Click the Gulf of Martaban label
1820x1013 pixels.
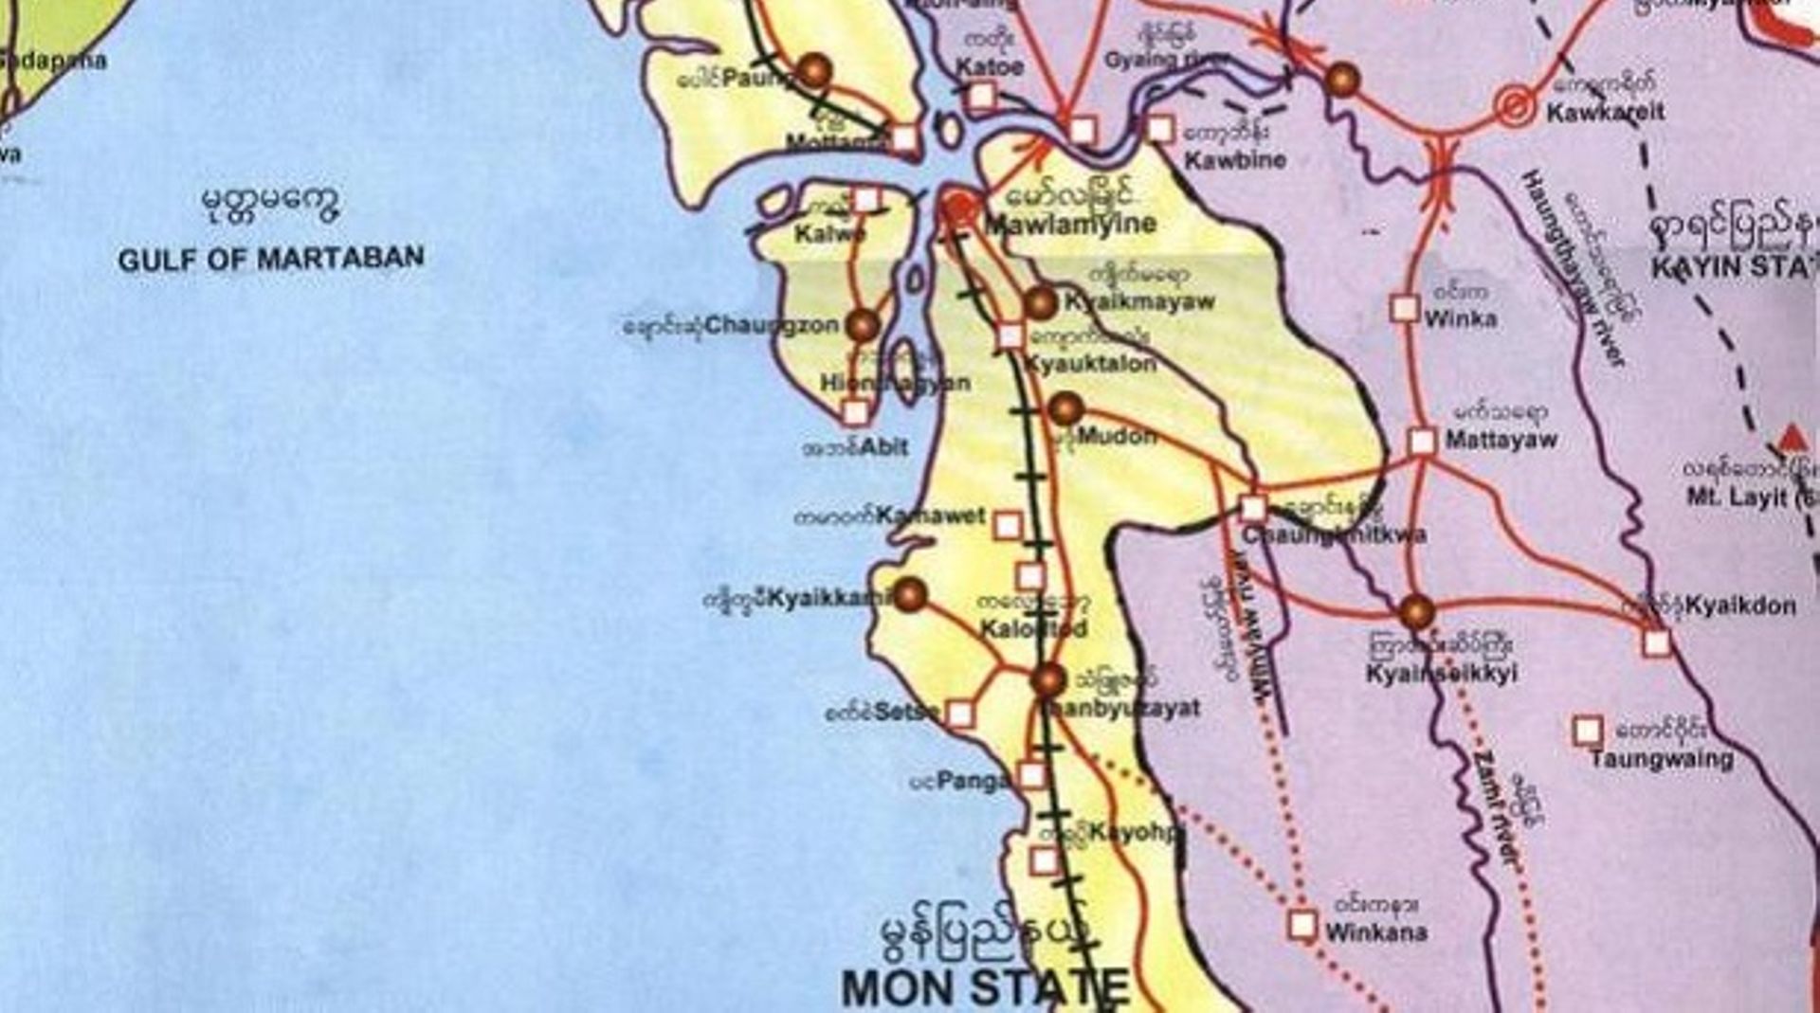point(271,259)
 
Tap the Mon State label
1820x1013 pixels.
point(986,987)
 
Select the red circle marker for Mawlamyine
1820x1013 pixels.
point(960,208)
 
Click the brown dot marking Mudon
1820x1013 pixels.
point(1065,408)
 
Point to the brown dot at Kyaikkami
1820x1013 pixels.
point(910,595)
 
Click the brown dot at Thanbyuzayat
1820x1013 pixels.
point(1049,679)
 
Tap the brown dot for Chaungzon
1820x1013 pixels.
point(863,325)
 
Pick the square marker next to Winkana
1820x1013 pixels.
point(1302,925)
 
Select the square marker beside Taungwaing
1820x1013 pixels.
point(1588,731)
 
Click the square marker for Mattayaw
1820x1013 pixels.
point(1422,441)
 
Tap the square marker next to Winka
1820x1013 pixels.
point(1404,308)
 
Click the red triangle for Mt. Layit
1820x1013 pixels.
point(1792,439)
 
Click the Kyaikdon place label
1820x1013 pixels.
point(1740,606)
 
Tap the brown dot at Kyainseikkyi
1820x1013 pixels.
point(1416,612)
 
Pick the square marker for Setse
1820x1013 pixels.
point(960,714)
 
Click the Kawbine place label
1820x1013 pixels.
point(1235,160)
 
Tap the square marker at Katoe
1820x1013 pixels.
point(982,96)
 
